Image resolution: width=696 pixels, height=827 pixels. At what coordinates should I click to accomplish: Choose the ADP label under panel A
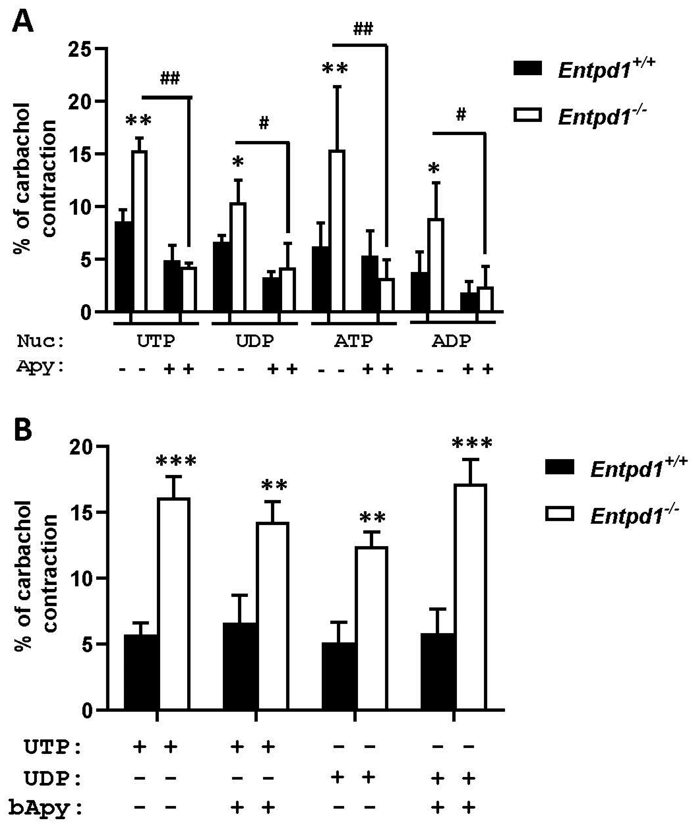(x=452, y=341)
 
